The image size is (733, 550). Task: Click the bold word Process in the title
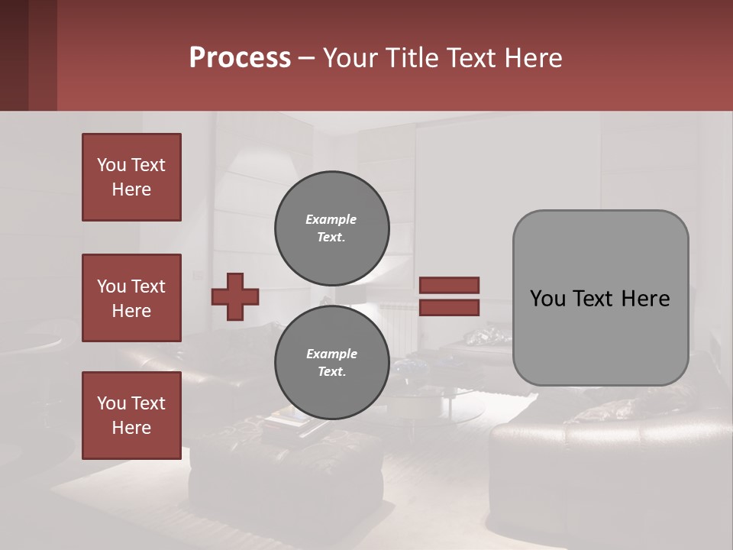tap(240, 58)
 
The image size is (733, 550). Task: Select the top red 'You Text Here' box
tap(131, 177)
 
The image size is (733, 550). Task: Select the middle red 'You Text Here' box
tap(131, 298)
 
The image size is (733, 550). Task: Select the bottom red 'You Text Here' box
tap(131, 416)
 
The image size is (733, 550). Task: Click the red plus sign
tap(235, 296)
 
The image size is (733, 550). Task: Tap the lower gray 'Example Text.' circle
tap(331, 362)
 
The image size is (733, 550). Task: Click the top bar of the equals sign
tap(449, 285)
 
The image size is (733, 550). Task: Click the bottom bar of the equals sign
tap(449, 308)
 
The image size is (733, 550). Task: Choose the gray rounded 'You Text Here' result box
tap(600, 298)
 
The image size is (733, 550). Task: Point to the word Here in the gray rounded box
tap(645, 299)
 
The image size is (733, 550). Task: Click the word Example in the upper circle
tap(331, 219)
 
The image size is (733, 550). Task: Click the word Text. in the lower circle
tap(331, 372)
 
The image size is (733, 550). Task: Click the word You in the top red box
tap(111, 165)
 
